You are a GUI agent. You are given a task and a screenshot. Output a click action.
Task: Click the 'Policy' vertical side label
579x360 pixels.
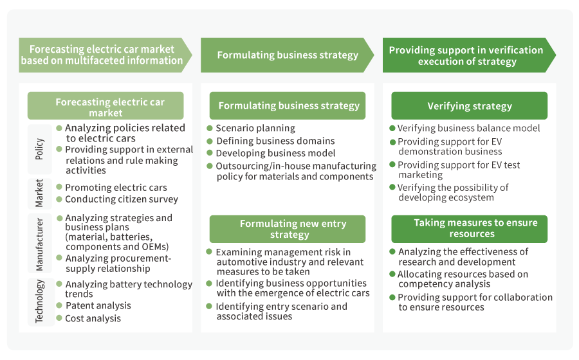click(x=40, y=148)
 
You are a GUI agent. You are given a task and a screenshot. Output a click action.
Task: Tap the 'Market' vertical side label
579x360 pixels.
click(x=40, y=194)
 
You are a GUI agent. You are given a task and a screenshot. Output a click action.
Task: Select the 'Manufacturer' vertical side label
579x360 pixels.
click(x=40, y=244)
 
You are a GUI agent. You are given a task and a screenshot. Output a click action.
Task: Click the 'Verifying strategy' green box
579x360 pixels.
click(x=470, y=106)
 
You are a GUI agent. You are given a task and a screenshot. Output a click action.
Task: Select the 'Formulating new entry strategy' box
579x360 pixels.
click(x=287, y=229)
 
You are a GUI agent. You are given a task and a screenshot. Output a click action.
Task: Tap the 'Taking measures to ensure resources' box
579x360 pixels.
click(x=470, y=228)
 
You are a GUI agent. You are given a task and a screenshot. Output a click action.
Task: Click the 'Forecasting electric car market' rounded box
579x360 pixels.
click(x=106, y=107)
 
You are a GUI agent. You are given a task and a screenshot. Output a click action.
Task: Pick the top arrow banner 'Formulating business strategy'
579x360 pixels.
click(x=287, y=55)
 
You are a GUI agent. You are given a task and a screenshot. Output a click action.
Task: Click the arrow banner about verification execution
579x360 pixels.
click(x=467, y=55)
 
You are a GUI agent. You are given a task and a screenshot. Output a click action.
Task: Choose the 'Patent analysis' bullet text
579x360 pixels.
click(x=98, y=305)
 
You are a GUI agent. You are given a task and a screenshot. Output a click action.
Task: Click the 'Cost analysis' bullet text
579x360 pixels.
click(x=93, y=318)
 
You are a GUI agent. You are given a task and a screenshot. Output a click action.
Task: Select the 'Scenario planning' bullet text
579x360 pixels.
click(x=255, y=128)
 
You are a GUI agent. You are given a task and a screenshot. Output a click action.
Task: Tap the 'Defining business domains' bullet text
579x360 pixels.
click(x=275, y=141)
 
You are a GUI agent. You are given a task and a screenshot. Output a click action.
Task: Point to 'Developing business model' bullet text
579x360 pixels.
click(x=275, y=153)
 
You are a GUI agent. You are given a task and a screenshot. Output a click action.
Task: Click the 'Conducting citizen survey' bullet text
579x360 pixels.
click(x=122, y=199)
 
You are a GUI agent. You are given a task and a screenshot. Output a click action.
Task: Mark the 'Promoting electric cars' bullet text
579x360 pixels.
click(x=116, y=188)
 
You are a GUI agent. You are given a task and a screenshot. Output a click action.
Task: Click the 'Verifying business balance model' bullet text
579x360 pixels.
click(x=468, y=128)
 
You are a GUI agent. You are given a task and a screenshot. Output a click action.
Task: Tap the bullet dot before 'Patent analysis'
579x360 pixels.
click(x=60, y=305)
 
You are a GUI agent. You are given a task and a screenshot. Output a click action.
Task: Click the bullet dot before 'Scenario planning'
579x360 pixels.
click(x=210, y=128)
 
